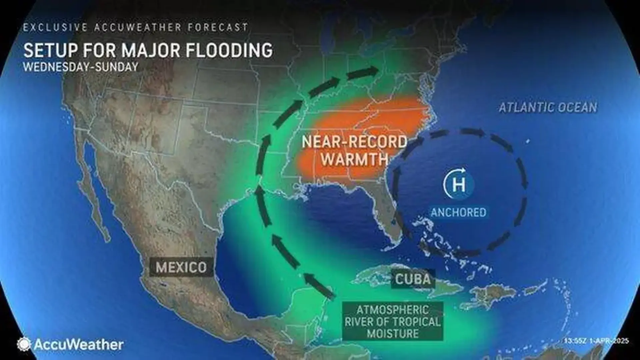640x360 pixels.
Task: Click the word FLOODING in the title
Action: pyautogui.click(x=229, y=51)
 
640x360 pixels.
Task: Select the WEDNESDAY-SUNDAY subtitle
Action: pyautogui.click(x=80, y=67)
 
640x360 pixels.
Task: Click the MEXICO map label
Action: pyautogui.click(x=181, y=267)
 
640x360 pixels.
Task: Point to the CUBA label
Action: pyautogui.click(x=413, y=279)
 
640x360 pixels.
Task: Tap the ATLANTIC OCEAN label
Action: pyautogui.click(x=548, y=108)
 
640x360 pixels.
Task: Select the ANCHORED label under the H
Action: pyautogui.click(x=459, y=212)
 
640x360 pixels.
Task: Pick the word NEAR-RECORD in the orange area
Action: pyautogui.click(x=354, y=142)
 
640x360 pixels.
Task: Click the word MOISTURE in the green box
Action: pyautogui.click(x=393, y=333)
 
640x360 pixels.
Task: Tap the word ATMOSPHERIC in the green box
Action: pyautogui.click(x=393, y=310)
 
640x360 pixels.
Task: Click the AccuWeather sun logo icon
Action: pyautogui.click(x=24, y=344)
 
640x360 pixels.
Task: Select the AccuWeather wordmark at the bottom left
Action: pyautogui.click(x=79, y=344)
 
